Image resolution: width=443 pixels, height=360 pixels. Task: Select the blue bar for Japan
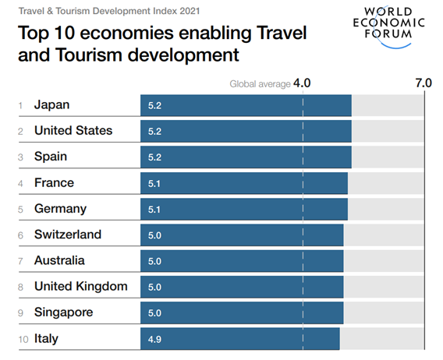246,105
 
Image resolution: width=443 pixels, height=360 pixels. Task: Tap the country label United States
73,131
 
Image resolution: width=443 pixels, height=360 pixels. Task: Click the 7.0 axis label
423,83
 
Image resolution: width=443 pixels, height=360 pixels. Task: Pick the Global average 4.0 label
270,83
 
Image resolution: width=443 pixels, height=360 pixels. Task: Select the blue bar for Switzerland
242,235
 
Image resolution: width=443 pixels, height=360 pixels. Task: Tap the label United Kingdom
80,287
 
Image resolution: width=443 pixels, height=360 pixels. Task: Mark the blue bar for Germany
243,209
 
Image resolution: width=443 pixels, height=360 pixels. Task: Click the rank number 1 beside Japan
20,105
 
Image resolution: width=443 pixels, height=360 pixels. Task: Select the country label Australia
59,261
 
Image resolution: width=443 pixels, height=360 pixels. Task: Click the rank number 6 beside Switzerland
20,235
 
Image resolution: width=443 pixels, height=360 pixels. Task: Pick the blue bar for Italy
239,339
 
